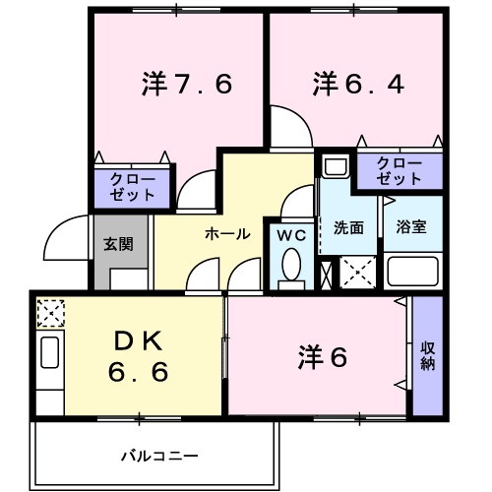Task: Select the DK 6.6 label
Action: (137, 356)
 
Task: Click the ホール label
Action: (226, 233)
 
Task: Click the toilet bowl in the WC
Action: (291, 266)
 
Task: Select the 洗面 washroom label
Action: (348, 227)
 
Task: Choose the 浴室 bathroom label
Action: (410, 227)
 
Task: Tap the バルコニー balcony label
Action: (159, 456)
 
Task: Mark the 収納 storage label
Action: (428, 356)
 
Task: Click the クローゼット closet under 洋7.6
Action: (132, 186)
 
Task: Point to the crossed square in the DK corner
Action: (48, 314)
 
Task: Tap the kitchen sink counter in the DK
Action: (49, 370)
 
